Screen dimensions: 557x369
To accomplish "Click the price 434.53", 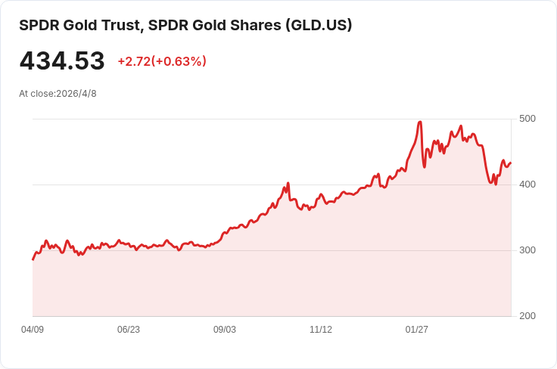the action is [x=62, y=60].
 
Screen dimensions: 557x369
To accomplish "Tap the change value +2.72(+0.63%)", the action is [x=162, y=61].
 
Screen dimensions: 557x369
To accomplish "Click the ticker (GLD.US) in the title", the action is [x=319, y=25].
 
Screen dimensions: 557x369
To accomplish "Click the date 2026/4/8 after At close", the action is [x=76, y=94].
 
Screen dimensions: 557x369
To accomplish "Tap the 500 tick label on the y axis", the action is [x=527, y=119].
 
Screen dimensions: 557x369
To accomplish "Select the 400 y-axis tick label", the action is [x=527, y=184].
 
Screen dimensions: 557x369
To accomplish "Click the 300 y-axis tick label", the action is [x=527, y=250].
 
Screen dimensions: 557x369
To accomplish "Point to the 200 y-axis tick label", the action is [x=527, y=316].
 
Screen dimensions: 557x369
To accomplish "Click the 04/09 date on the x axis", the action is [x=33, y=330].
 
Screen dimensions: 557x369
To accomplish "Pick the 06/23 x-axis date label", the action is [x=129, y=330].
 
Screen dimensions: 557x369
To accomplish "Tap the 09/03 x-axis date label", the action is [x=225, y=330].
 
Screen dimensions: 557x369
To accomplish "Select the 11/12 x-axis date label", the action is [x=321, y=330].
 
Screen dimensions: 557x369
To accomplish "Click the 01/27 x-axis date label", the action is [x=417, y=330].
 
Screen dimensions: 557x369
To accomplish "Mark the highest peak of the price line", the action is [x=420, y=122].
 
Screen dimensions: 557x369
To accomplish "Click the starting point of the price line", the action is [x=33, y=259].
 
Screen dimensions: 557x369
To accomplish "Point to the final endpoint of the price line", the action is [x=511, y=163].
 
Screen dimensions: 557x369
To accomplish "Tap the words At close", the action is [x=37, y=94].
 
